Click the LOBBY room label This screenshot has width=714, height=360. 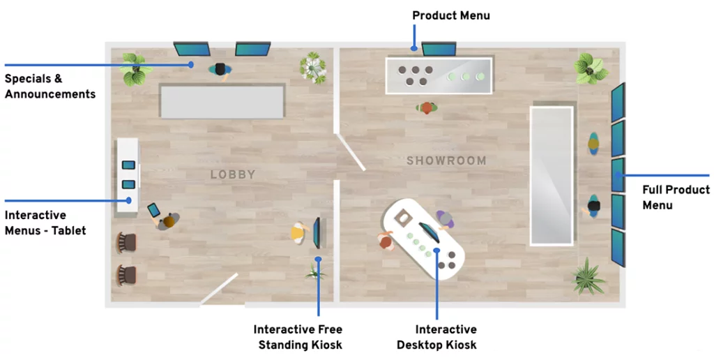point(233,174)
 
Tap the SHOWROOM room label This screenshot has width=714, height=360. point(446,160)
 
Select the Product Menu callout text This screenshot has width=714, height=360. point(451,15)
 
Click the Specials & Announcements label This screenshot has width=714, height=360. point(50,86)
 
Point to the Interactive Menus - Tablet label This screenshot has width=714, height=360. point(45,223)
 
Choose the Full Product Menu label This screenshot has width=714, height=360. point(676,197)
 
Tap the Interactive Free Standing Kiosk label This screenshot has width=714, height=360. point(298,337)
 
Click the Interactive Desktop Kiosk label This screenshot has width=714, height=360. point(436,337)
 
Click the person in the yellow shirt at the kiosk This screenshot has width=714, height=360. point(298,233)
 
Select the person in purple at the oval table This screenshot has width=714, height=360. point(445,220)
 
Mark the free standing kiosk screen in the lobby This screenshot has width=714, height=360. point(317,233)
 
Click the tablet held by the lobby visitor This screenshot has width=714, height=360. point(154,210)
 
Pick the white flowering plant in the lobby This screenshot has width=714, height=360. point(313,68)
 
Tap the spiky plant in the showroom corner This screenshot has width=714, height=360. point(588,276)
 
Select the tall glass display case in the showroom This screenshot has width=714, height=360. point(552,176)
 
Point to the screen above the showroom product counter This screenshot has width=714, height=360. point(439,49)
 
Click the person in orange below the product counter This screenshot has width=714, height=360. point(427,108)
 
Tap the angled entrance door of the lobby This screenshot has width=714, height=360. point(218,288)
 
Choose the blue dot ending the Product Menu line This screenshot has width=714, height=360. point(414,47)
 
